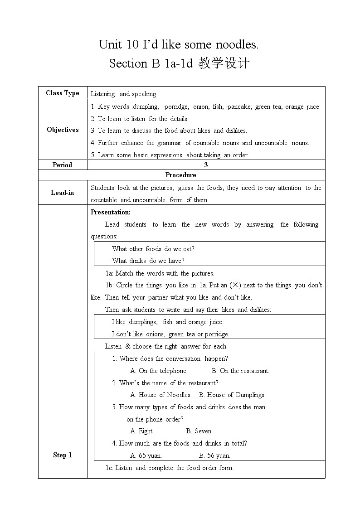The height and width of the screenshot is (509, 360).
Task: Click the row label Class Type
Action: pos(63,93)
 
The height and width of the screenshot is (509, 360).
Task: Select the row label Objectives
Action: pos(63,130)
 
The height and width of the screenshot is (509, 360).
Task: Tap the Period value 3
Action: pos(206,165)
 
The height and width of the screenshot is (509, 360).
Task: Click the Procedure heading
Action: pos(181,175)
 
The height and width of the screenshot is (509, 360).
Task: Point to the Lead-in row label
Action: pos(62,193)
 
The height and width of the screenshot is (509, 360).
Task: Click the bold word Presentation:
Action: pos(111,212)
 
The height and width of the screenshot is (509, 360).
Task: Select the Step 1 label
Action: pos(63,455)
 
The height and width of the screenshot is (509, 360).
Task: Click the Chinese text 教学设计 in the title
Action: pos(224,63)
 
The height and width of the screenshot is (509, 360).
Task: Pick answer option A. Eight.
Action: pos(142,431)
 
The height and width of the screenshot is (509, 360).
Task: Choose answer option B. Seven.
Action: pos(199,431)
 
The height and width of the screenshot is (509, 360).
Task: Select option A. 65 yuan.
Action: pos(146,456)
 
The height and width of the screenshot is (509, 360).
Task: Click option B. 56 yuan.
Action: pos(214,456)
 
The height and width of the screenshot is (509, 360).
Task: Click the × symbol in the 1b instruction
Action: pos(235,286)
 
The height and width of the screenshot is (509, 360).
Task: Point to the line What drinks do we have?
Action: pos(148,261)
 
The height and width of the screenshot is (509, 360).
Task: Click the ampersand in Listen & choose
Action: pos(127,346)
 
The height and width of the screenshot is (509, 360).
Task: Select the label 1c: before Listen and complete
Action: pos(109,468)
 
